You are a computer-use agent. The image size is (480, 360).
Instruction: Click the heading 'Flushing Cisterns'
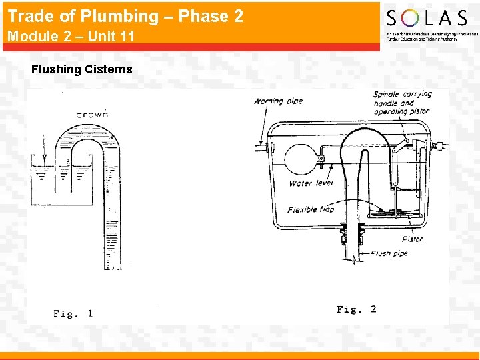pyautogui.click(x=82, y=69)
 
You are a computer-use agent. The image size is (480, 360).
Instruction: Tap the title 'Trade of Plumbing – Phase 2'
pyautogui.click(x=125, y=16)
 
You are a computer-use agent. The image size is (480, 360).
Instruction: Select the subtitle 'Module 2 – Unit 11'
pyautogui.click(x=71, y=37)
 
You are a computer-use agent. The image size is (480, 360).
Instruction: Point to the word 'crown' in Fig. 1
pyautogui.click(x=92, y=114)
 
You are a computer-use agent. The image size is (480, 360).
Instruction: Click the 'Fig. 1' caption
pyautogui.click(x=73, y=313)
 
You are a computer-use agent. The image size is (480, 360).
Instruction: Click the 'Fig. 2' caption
pyautogui.click(x=356, y=309)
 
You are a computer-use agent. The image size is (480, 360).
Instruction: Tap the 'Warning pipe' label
pyautogui.click(x=278, y=101)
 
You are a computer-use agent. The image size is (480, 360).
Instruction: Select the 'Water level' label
pyautogui.click(x=311, y=183)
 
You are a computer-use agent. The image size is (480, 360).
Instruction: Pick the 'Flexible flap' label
pyautogui.click(x=311, y=209)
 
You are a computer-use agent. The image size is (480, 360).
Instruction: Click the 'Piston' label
pyautogui.click(x=413, y=239)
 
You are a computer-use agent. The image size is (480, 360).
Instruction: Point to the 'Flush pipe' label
pyautogui.click(x=389, y=253)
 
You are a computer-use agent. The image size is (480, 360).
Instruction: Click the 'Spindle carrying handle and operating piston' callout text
pyautogui.click(x=402, y=103)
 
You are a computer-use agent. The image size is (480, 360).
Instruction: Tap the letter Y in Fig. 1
pyautogui.click(x=44, y=159)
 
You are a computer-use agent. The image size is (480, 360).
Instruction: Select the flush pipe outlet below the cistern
pyautogui.click(x=352, y=253)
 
